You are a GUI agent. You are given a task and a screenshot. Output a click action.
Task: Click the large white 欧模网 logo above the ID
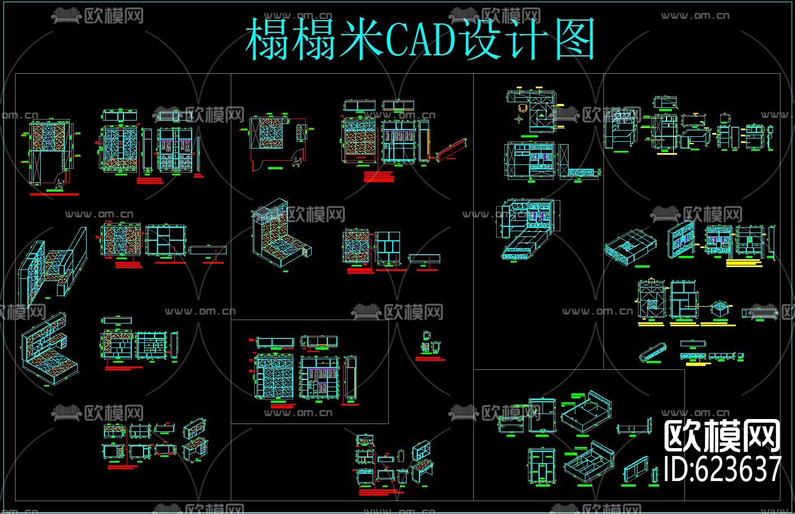coord(722,435)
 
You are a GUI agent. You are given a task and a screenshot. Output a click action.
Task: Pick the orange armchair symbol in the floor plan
coord(523,109)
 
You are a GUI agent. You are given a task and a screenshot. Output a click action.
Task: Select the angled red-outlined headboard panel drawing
coord(452,149)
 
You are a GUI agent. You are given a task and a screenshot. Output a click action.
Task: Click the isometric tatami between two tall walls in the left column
coord(53,263)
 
